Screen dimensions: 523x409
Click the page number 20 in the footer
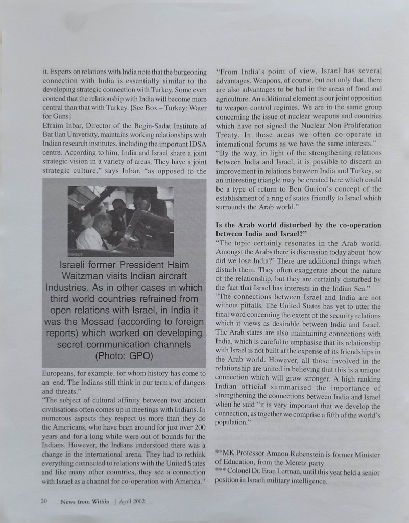coord(44,501)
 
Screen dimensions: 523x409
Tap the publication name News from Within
coord(82,501)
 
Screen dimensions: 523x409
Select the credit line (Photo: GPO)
coord(124,355)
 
